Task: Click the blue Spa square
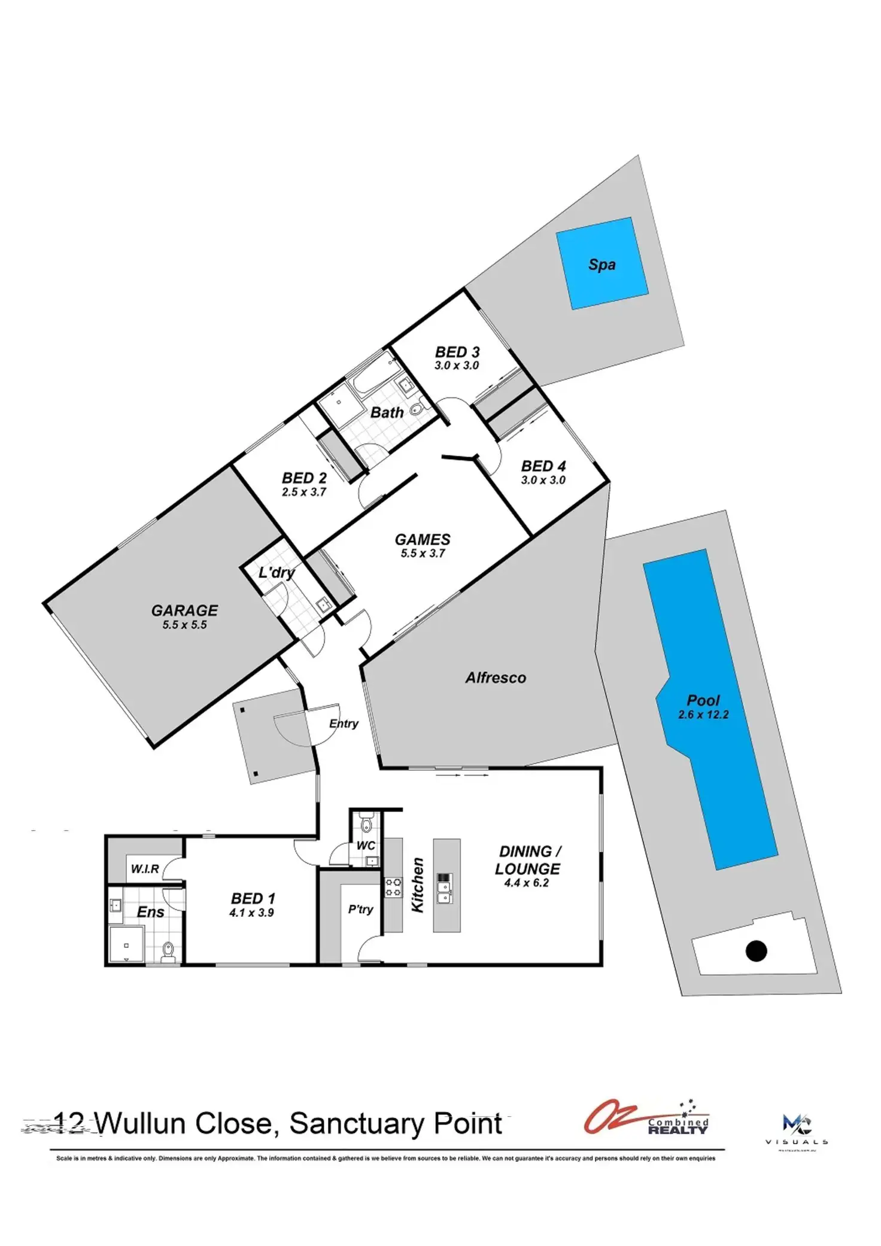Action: (601, 264)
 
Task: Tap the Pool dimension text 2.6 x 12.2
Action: (703, 715)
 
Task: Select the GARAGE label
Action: (184, 610)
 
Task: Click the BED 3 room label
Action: (457, 352)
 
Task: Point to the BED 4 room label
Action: (543, 466)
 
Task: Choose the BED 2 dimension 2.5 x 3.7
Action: (304, 492)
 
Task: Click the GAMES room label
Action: (423, 539)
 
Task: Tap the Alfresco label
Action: (496, 677)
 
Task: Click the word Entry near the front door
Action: (344, 724)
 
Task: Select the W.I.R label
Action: (145, 868)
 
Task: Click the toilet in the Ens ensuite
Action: (168, 951)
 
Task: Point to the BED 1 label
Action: (253, 898)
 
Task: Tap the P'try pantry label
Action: (360, 909)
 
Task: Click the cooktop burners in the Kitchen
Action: (393, 887)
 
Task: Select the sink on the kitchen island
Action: (444, 888)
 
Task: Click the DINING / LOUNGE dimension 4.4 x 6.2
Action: (526, 883)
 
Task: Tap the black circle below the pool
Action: (757, 950)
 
